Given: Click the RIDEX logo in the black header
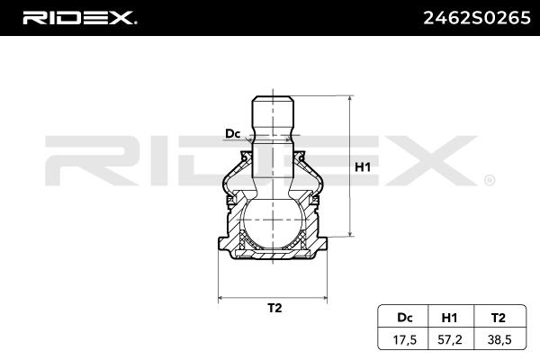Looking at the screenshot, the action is pyautogui.click(x=79, y=18).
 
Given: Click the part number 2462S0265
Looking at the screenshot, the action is pyautogui.click(x=477, y=18).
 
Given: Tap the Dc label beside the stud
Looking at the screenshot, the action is pyautogui.click(x=232, y=134).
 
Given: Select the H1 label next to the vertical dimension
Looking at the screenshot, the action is pyautogui.click(x=363, y=167).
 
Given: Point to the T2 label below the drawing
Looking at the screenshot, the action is pyautogui.click(x=274, y=308).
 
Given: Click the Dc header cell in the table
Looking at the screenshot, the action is pyautogui.click(x=405, y=318).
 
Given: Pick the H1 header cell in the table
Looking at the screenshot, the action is pyautogui.click(x=449, y=318).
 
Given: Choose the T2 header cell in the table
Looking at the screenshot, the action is pyautogui.click(x=499, y=318).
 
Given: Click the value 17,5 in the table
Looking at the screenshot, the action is pyautogui.click(x=405, y=340).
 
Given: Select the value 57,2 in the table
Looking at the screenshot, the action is pyautogui.click(x=449, y=340).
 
